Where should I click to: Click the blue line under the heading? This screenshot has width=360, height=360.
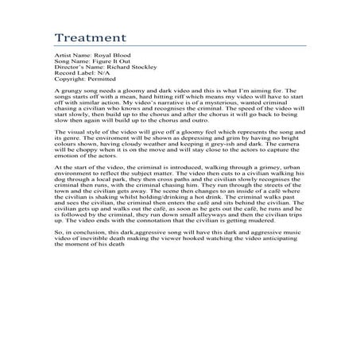coord(180,49)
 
